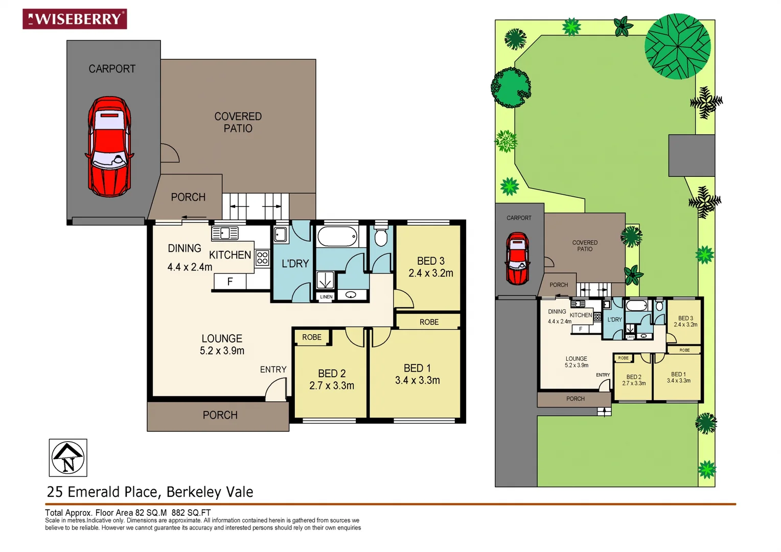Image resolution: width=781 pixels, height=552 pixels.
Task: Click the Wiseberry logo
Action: [75, 19]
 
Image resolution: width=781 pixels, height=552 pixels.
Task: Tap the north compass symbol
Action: [68, 457]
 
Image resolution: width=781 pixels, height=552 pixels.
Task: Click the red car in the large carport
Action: [109, 147]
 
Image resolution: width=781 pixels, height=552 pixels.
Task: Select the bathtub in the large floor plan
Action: [337, 237]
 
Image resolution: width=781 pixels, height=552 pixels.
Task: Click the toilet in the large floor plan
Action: [381, 237]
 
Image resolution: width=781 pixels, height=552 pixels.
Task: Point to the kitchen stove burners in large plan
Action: [262, 257]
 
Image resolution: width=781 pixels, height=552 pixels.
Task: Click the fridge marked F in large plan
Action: [230, 281]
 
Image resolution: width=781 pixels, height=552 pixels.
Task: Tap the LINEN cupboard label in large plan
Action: [326, 296]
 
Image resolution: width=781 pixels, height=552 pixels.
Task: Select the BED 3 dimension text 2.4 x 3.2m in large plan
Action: [431, 273]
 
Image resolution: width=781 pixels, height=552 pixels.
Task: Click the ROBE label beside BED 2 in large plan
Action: [312, 337]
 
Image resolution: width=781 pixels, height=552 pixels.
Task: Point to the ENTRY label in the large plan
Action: [273, 370]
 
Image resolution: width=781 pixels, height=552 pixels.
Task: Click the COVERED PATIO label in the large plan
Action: [238, 122]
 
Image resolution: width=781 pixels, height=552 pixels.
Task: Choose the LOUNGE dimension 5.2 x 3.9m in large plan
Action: [222, 351]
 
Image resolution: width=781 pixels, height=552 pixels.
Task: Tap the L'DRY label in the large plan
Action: [295, 264]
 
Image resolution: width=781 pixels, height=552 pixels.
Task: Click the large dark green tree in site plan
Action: [677, 46]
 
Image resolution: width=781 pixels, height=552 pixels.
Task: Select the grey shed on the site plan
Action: [691, 155]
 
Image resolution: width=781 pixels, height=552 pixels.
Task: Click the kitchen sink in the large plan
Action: [225, 234]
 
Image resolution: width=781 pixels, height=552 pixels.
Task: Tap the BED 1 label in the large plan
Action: [417, 368]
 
